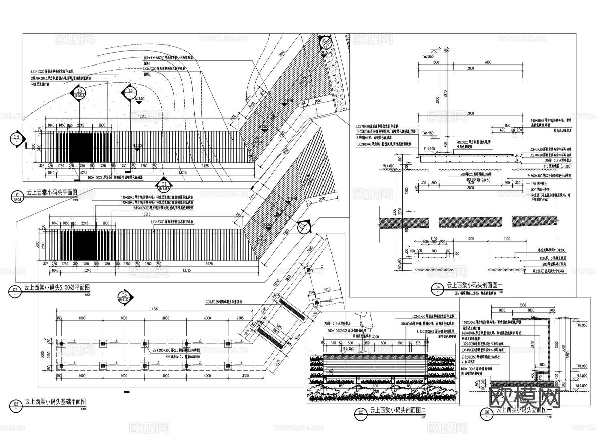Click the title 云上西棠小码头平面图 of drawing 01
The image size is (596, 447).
[x=52, y=192]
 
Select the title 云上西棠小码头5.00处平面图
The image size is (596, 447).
[x=57, y=287]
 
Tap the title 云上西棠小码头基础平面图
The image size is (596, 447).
[x=55, y=402]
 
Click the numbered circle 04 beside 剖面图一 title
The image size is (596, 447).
[x=438, y=287]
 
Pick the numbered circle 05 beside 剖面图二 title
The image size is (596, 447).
[x=361, y=412]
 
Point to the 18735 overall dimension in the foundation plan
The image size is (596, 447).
[x=154, y=308]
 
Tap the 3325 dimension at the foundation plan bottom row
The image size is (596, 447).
[x=245, y=376]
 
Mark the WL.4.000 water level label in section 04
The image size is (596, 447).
[x=389, y=166]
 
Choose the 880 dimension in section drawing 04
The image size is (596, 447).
[x=507, y=125]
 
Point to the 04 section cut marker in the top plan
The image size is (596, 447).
[x=130, y=91]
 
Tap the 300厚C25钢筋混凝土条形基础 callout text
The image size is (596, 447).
[x=224, y=302]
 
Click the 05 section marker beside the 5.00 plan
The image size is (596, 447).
[x=303, y=227]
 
